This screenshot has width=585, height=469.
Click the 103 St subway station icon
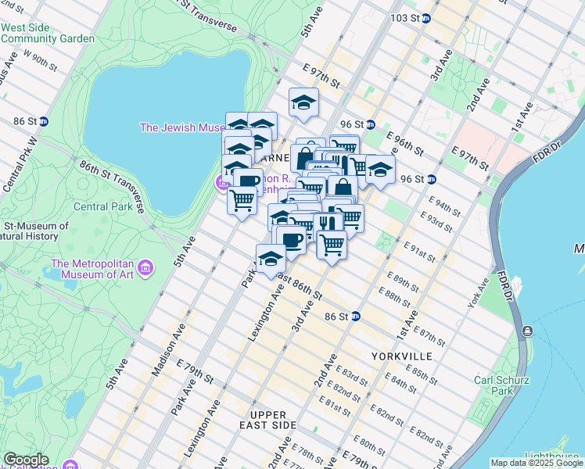tap(426, 18)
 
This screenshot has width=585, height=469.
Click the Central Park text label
tap(102, 207)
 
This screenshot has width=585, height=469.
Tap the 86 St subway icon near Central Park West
tap(45, 121)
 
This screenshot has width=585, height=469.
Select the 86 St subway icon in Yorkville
tap(356, 317)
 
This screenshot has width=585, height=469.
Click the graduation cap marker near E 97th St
tap(303, 102)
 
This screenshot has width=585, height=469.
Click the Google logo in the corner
tap(25, 459)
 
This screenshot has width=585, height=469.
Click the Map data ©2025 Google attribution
tap(537, 463)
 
